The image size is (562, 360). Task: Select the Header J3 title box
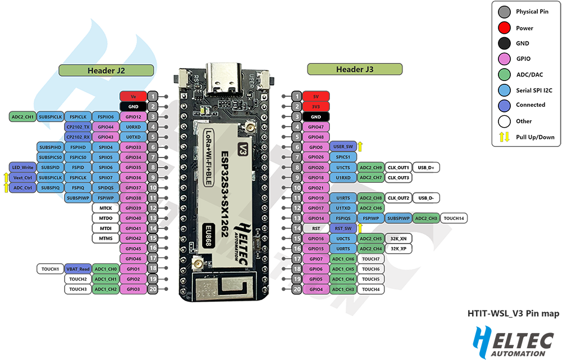[355, 69]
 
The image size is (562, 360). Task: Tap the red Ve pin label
[133, 96]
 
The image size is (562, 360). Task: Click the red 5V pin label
[315, 96]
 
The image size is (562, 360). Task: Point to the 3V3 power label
[315, 106]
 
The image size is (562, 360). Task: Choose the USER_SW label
[343, 147]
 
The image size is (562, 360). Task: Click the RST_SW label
[343, 228]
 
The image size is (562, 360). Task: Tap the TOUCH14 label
[455, 218]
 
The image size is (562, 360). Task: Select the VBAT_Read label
[78, 269]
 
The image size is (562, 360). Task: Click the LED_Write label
[22, 168]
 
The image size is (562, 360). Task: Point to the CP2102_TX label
[78, 127]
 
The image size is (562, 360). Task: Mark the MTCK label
[106, 208]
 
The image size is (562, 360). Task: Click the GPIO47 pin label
[315, 127]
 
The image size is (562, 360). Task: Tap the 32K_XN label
[398, 238]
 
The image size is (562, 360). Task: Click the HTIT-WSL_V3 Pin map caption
[513, 314]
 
